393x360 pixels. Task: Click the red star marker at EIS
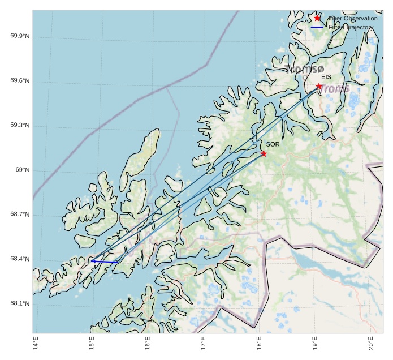319,87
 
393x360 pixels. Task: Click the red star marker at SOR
264,153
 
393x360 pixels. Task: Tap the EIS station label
326,77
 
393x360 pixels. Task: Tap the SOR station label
273,144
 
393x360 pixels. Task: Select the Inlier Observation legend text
352,19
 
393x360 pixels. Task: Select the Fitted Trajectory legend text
351,28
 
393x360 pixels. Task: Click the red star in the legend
317,18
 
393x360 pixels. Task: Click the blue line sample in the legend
317,28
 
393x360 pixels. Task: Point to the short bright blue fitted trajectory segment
105,262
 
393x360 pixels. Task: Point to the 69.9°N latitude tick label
20,36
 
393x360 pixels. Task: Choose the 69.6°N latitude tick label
20,81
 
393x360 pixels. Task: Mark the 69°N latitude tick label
22,170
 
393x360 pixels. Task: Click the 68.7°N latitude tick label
20,215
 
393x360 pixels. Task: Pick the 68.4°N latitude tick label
20,259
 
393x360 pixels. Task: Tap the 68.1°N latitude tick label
20,304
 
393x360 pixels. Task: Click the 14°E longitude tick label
36,343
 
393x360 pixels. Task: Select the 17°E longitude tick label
203,343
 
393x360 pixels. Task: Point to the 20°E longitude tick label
370,343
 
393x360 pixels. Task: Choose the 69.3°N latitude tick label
20,126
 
